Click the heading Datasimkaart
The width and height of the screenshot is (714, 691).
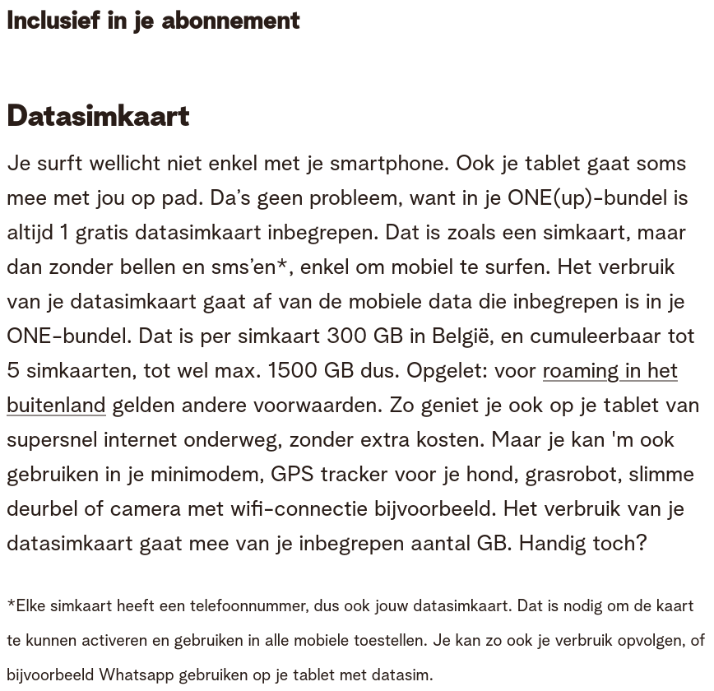[x=98, y=116]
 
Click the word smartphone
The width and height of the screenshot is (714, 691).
[x=389, y=163]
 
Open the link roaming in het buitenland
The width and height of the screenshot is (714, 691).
[x=610, y=370]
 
